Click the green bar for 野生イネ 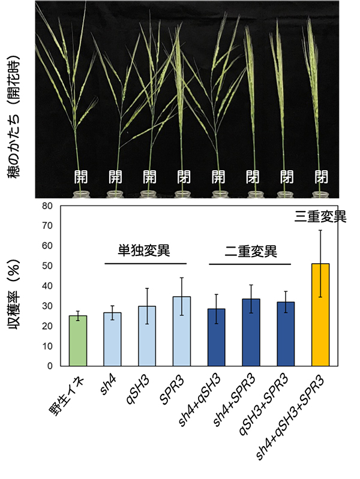tap(78, 341)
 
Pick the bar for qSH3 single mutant tap(147, 336)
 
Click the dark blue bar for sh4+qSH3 tap(217, 337)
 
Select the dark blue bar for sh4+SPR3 tap(251, 332)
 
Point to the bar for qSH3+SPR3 tap(286, 334)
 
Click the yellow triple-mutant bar tap(321, 315)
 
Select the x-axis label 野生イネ tap(68, 396)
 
